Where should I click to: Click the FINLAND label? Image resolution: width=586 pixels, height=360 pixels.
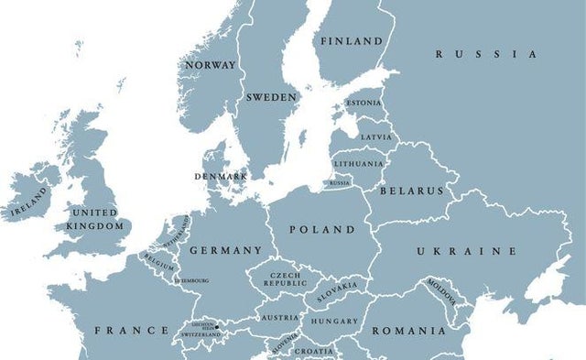pos(352,41)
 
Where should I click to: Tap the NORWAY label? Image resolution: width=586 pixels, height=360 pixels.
pos(211,65)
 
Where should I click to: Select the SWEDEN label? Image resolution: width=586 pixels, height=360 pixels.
pos(271,97)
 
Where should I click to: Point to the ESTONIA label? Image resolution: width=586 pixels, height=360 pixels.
pos(364,104)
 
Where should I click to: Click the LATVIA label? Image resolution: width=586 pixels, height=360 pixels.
pos(375,137)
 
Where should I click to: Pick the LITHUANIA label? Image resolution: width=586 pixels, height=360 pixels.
pos(359,164)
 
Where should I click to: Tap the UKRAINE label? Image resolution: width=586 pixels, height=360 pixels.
pos(467,251)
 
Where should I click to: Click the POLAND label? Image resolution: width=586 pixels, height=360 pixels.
pos(321,229)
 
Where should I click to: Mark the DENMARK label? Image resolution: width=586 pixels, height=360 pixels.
pos(221,176)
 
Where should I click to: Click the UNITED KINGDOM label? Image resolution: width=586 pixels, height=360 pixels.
pos(95,219)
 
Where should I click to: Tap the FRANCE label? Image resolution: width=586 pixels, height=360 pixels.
pos(132,330)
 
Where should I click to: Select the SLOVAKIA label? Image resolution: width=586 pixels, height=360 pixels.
pos(337,292)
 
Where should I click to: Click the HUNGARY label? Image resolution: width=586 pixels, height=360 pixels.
pos(334,322)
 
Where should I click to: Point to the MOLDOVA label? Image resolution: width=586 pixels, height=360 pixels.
pos(445,293)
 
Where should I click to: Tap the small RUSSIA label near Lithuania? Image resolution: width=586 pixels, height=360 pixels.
pos(340,183)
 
